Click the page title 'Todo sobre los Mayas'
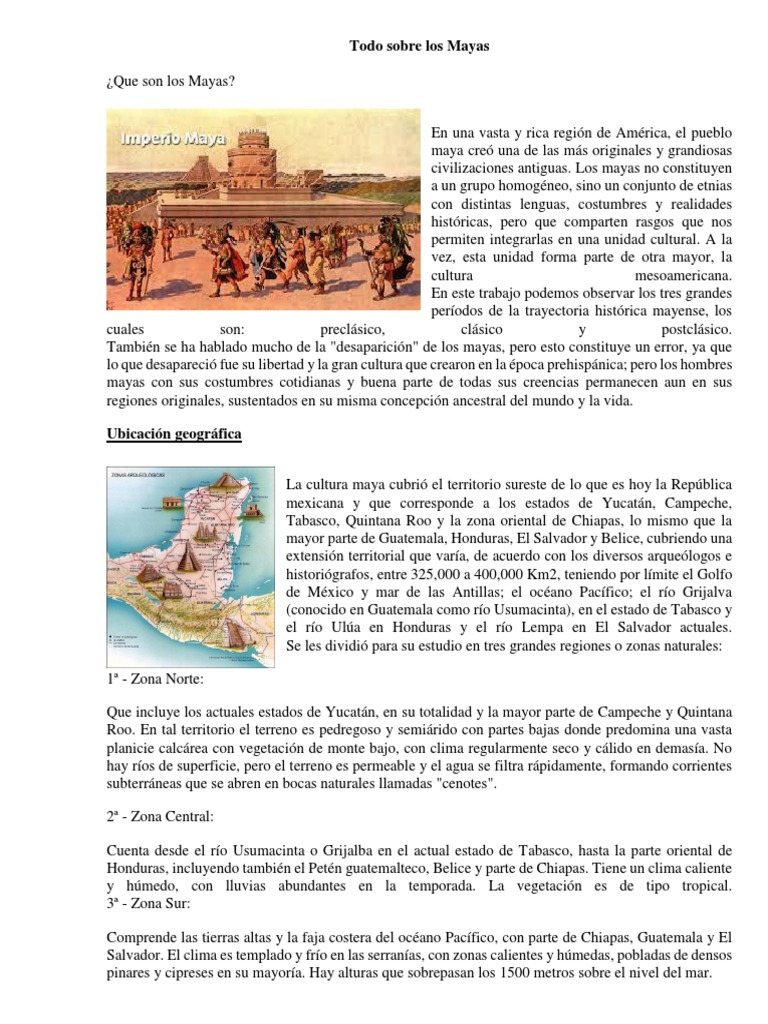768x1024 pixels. coord(419,46)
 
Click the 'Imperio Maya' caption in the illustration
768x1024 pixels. coord(173,138)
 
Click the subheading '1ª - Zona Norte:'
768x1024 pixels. coord(156,680)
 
